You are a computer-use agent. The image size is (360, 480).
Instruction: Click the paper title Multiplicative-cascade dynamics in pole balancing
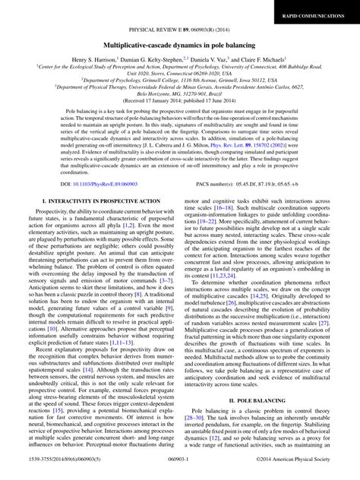(x=179, y=46)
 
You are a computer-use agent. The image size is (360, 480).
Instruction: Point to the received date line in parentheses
(x=179, y=120)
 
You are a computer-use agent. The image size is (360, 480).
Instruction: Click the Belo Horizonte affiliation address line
(x=179, y=112)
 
